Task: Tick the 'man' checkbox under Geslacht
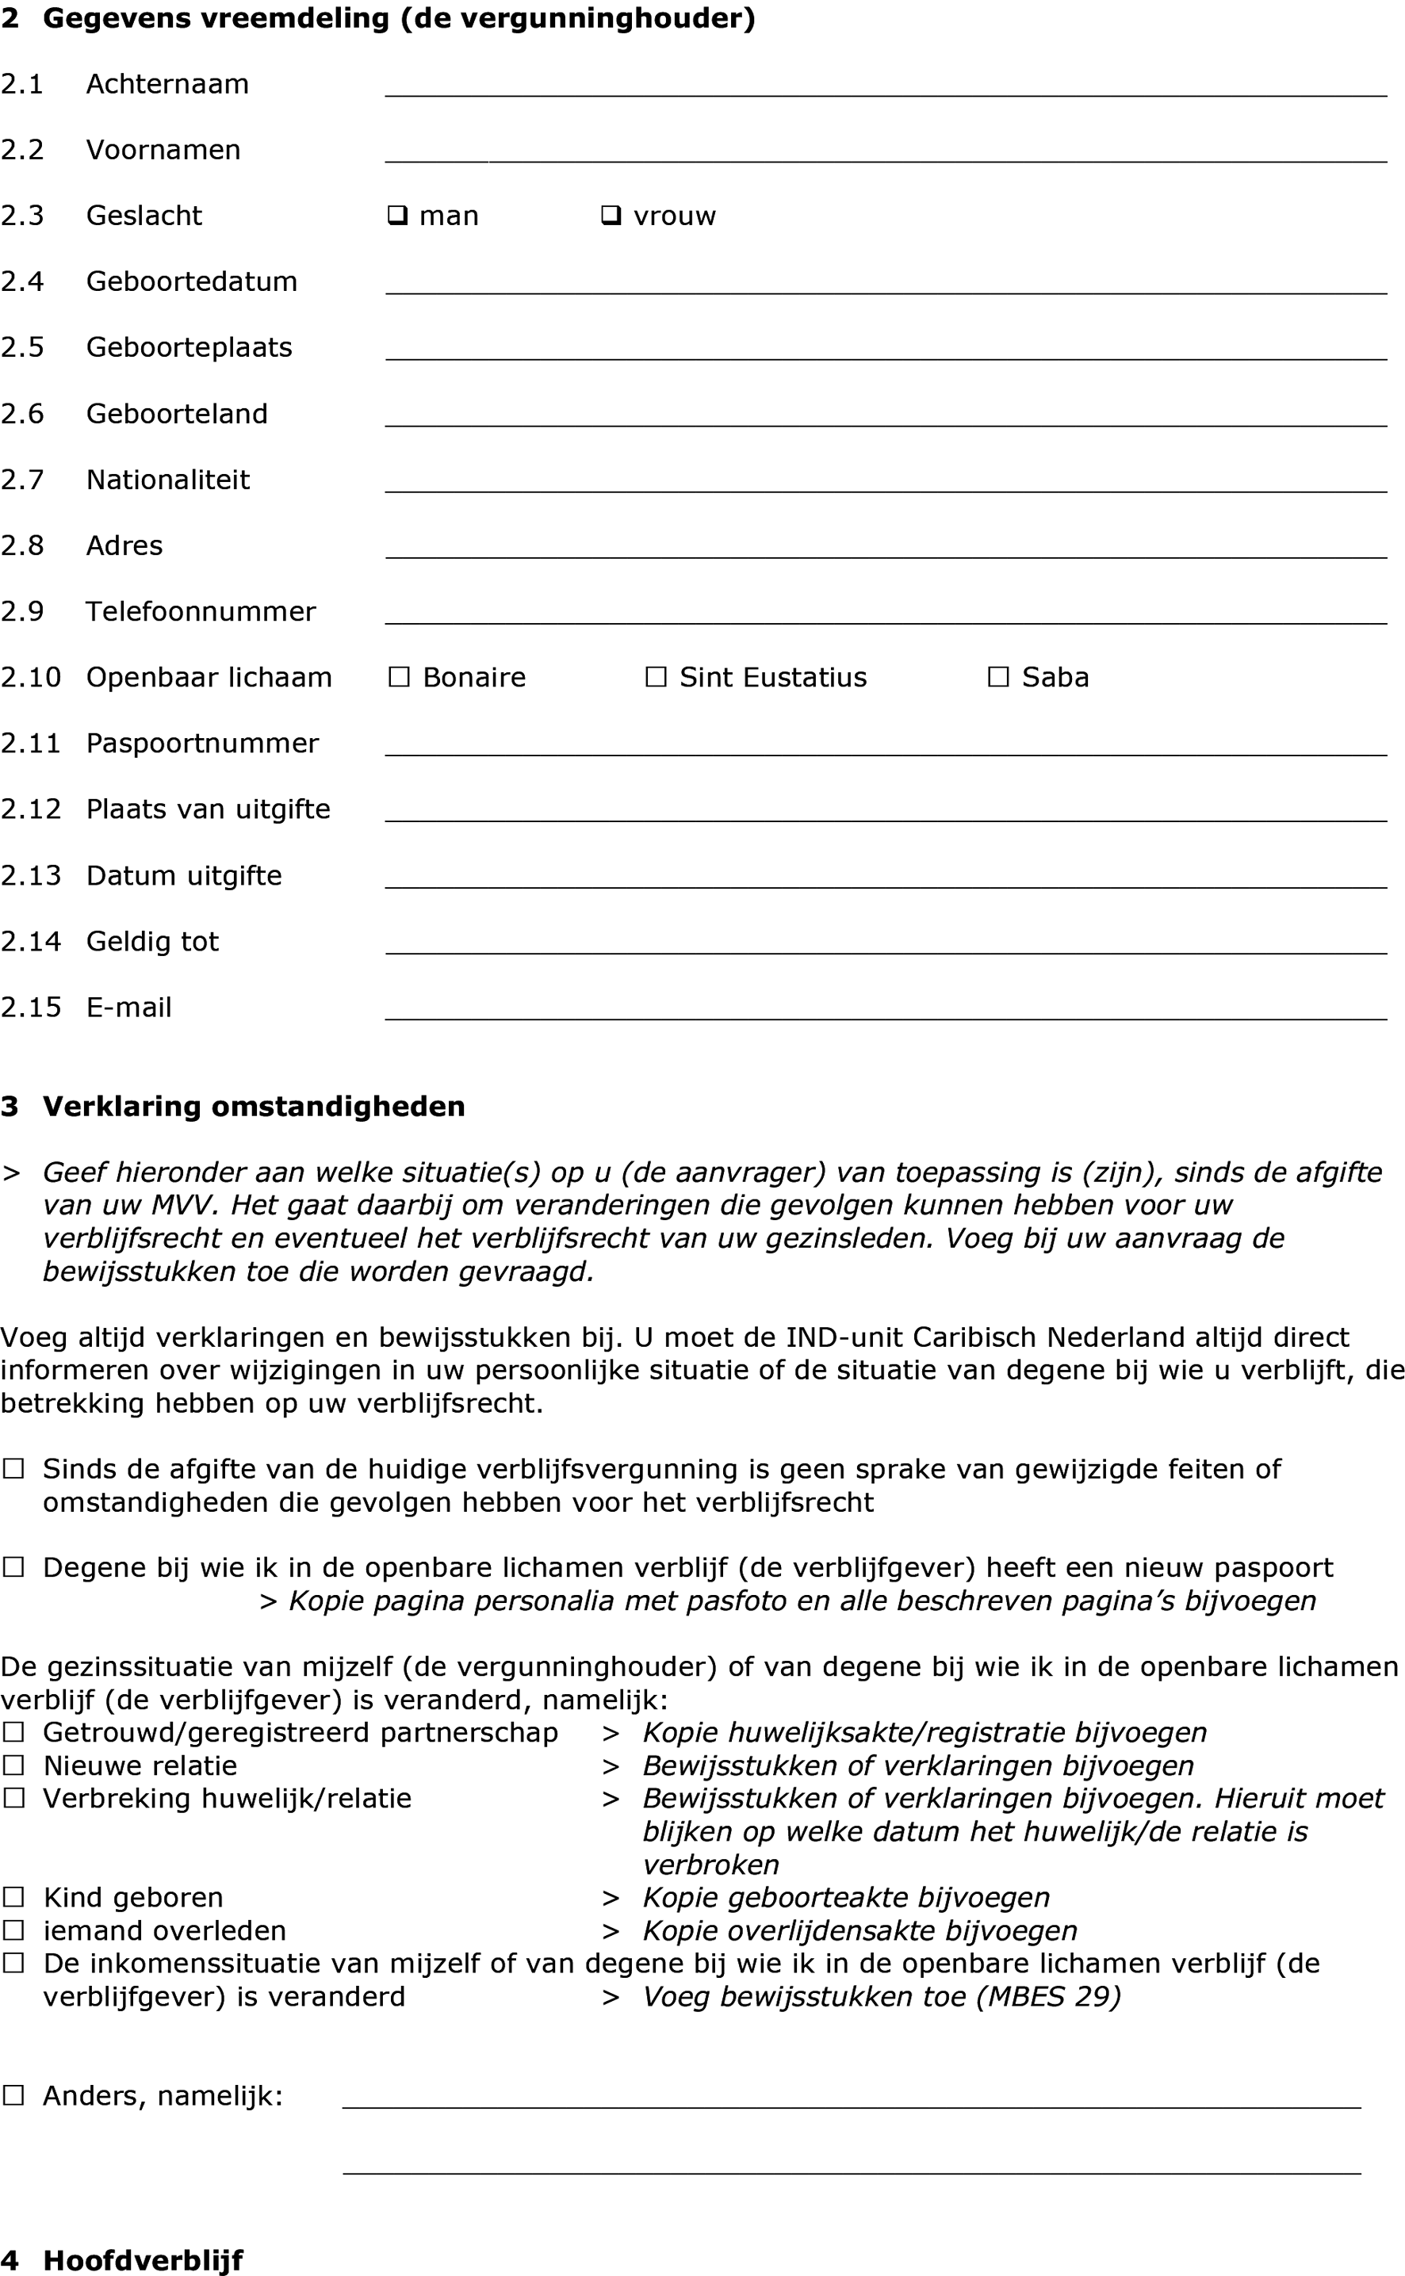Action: [x=398, y=216]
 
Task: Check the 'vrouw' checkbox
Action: [x=611, y=216]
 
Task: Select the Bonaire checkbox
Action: [x=399, y=677]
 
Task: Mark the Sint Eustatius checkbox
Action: [x=656, y=677]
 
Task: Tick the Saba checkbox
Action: [x=998, y=677]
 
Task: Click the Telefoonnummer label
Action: [x=201, y=611]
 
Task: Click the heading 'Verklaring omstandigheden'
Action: [x=254, y=1107]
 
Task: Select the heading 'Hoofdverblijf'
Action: [x=143, y=2259]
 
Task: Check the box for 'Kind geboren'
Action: [x=13, y=1896]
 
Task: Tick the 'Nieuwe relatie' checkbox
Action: [x=13, y=1765]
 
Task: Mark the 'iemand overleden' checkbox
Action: [x=13, y=1930]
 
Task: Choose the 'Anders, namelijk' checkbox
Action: [x=13, y=2094]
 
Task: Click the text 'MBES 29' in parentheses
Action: [x=1048, y=1996]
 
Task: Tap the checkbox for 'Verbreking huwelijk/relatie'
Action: [x=13, y=1798]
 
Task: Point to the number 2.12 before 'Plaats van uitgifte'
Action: [x=31, y=809]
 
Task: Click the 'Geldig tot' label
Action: [x=152, y=941]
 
